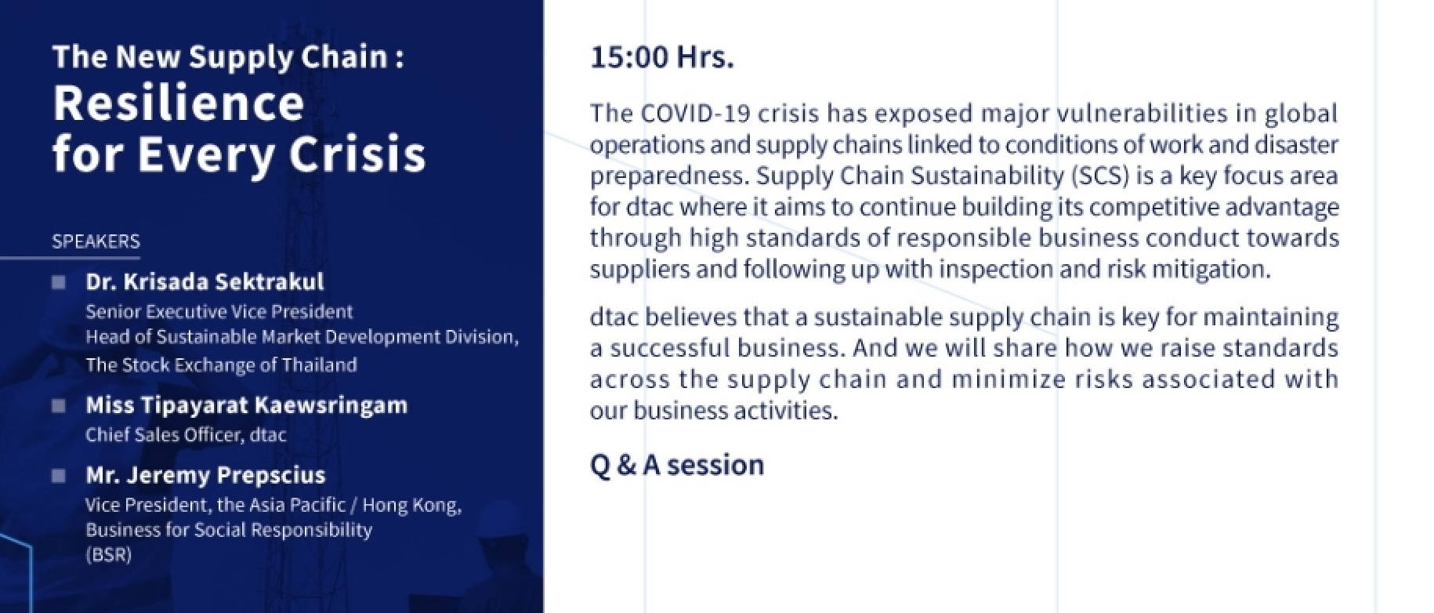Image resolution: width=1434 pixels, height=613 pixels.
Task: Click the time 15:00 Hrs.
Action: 662,57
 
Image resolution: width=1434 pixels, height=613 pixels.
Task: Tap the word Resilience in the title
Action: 179,103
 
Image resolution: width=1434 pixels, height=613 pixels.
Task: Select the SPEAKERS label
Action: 96,241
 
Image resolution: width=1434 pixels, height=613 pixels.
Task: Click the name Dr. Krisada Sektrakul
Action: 205,281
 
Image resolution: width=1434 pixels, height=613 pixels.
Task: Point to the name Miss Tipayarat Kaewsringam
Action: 247,405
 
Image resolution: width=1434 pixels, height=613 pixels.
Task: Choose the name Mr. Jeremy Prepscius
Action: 205,475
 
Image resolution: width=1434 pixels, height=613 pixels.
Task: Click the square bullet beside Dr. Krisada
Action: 59,282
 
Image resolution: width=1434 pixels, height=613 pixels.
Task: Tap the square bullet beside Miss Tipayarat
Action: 59,405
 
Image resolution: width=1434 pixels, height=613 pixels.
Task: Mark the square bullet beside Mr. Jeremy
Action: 59,475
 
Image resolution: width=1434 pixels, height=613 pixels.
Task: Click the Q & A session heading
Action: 677,465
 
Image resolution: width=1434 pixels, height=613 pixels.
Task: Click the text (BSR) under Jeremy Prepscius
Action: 108,555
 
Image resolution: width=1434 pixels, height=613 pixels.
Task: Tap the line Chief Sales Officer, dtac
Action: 186,435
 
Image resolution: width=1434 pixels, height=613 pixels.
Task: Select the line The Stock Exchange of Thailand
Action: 221,365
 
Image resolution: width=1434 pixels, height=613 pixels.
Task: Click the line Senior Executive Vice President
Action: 219,312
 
